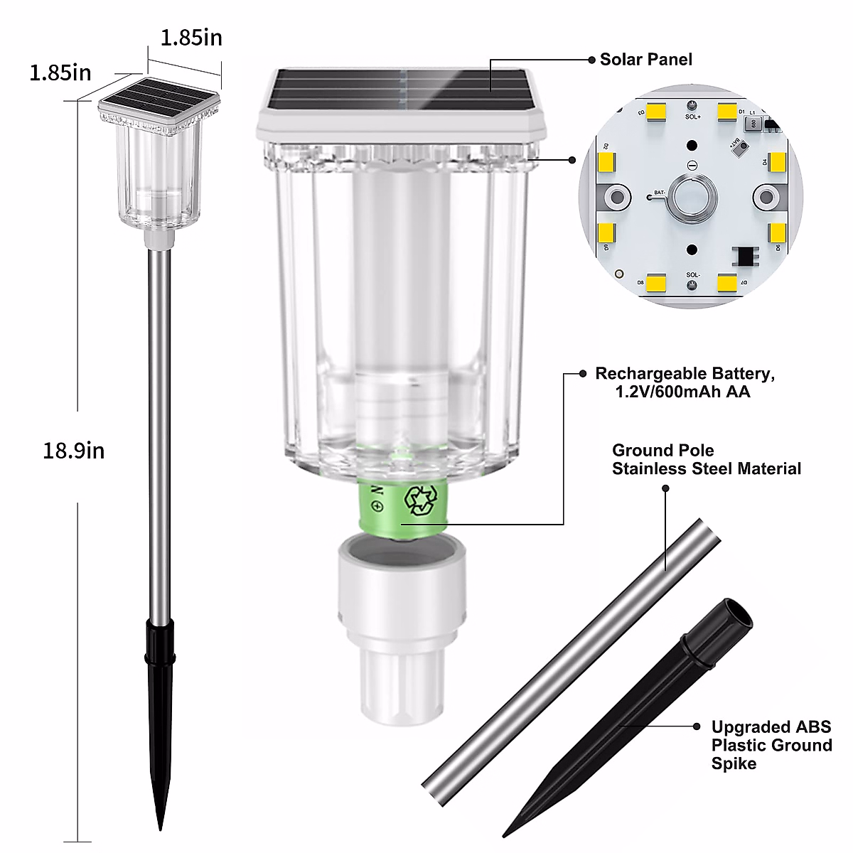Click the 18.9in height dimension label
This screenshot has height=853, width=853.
coord(73,450)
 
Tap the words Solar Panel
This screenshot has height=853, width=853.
coord(645,60)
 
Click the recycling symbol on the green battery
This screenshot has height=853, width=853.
coord(419,500)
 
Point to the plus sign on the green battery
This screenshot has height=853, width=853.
coord(377,506)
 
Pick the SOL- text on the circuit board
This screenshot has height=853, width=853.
coord(692,274)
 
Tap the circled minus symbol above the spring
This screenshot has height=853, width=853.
coord(692,165)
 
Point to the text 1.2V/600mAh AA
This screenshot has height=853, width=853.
coord(682,392)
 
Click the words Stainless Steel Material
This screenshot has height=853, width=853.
coord(706,469)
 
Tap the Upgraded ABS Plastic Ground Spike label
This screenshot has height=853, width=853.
coord(771,745)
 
